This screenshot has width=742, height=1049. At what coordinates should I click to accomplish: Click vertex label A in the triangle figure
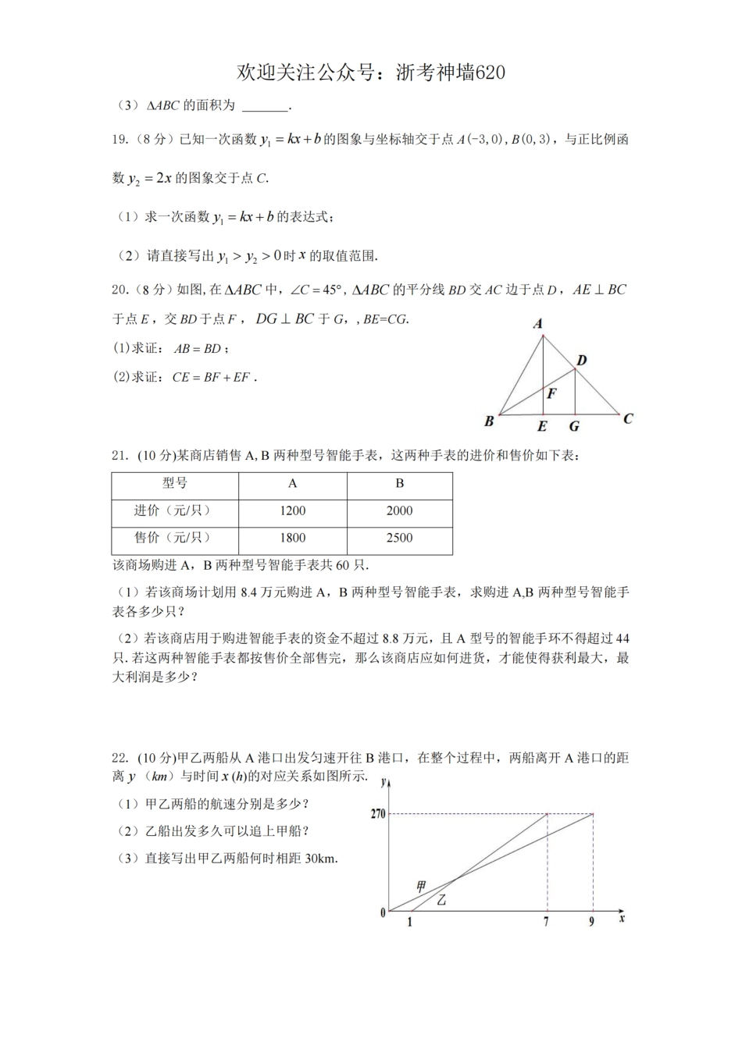pyautogui.click(x=538, y=324)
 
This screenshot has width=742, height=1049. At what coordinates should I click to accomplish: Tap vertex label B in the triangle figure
pyautogui.click(x=489, y=421)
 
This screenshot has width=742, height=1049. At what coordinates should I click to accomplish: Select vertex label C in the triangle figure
pyautogui.click(x=628, y=418)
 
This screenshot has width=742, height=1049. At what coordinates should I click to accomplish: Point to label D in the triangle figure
pyautogui.click(x=582, y=360)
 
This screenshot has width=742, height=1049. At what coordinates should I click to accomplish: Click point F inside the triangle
pyautogui.click(x=551, y=393)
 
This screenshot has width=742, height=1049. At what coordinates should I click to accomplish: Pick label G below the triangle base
pyautogui.click(x=574, y=426)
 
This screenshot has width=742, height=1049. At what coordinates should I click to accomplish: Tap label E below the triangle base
pyautogui.click(x=542, y=426)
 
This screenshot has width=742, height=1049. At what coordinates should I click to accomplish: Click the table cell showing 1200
pyautogui.click(x=292, y=510)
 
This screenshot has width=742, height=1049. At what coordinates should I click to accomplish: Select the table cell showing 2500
pyautogui.click(x=399, y=538)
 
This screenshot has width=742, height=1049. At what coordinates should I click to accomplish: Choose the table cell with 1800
pyautogui.click(x=292, y=538)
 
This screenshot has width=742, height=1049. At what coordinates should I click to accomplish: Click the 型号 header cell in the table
pyautogui.click(x=175, y=483)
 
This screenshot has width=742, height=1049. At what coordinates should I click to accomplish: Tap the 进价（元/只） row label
pyautogui.click(x=175, y=510)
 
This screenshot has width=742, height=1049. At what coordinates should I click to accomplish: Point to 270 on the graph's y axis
pyautogui.click(x=378, y=814)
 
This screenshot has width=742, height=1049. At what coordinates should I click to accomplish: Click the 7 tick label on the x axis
pyautogui.click(x=546, y=922)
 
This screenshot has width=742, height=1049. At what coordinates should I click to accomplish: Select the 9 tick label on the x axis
pyautogui.click(x=591, y=922)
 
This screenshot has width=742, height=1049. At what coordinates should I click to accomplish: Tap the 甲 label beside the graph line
pyautogui.click(x=421, y=886)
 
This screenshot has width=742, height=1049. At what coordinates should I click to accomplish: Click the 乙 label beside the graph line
pyautogui.click(x=441, y=900)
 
